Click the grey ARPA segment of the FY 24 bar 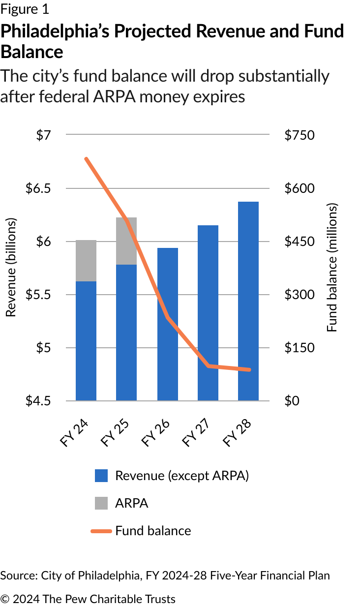(x=86, y=261)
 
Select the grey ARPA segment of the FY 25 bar (x=126, y=241)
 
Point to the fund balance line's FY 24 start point (x=86, y=159)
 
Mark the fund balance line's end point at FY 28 (x=249, y=370)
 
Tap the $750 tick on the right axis (x=299, y=135)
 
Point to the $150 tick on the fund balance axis (x=299, y=348)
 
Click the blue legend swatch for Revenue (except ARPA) (x=101, y=476)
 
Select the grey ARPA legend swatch (x=101, y=503)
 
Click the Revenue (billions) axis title (x=11, y=268)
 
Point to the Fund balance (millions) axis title (x=333, y=268)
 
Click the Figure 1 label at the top (x=25, y=9)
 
